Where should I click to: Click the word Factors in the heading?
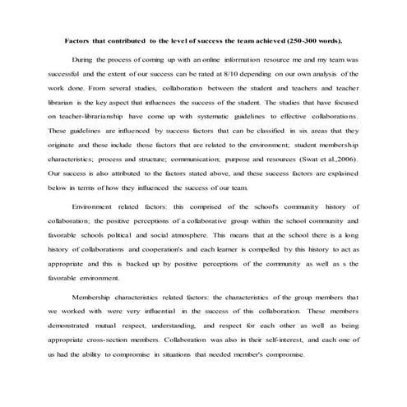[79, 39]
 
